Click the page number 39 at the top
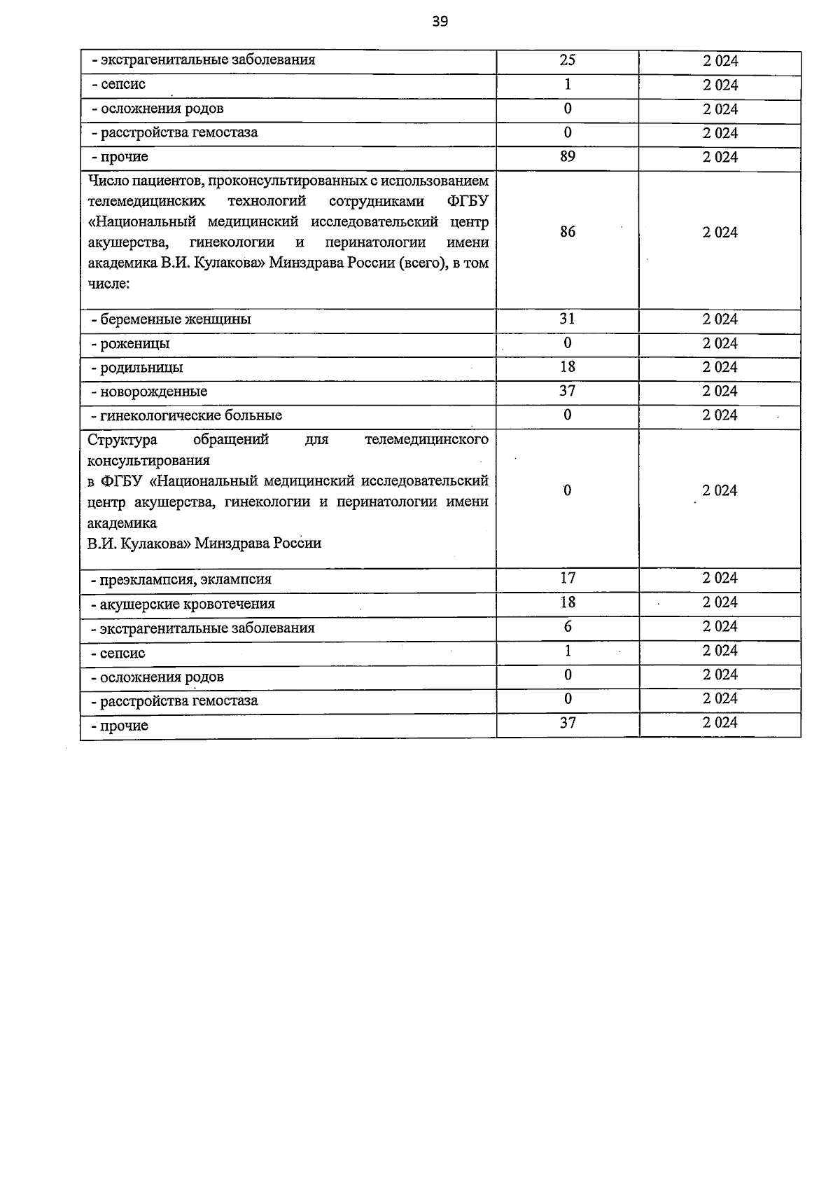pyautogui.click(x=440, y=22)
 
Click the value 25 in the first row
pyautogui.click(x=568, y=60)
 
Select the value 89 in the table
pyautogui.click(x=568, y=156)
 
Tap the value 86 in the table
pyautogui.click(x=568, y=232)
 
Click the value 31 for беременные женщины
pyautogui.click(x=568, y=319)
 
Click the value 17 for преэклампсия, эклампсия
pyautogui.click(x=568, y=578)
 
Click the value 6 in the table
pyautogui.click(x=568, y=626)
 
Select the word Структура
pyautogui.click(x=122, y=440)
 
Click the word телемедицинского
pyautogui.click(x=426, y=440)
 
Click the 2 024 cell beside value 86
pyautogui.click(x=720, y=233)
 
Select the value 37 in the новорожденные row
pyautogui.click(x=568, y=391)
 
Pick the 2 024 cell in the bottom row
pyautogui.click(x=720, y=722)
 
